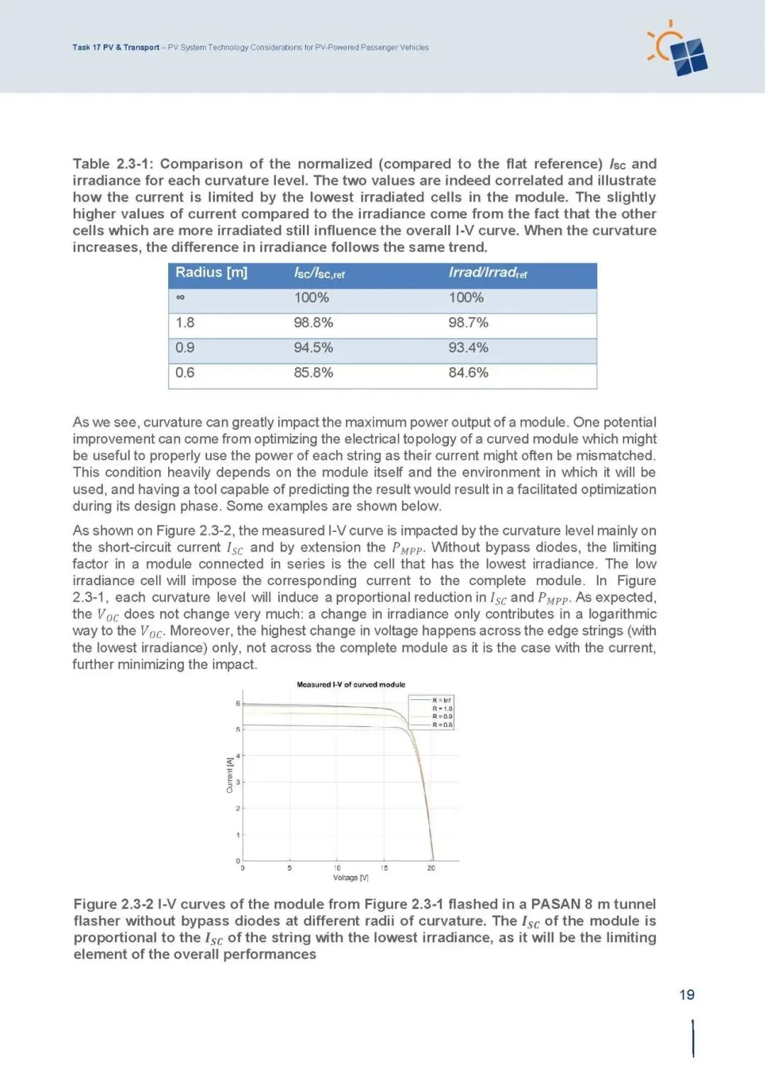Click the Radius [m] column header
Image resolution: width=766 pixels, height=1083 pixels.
tap(211, 273)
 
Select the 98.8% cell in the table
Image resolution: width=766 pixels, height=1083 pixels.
tap(313, 323)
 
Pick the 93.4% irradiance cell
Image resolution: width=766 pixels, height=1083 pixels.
tap(468, 348)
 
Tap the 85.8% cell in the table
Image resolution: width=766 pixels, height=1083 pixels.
tap(313, 372)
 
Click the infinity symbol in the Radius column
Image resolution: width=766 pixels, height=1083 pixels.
tap(180, 298)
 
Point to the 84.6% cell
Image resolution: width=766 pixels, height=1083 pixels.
tap(468, 372)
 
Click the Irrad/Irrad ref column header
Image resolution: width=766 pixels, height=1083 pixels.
tap(487, 273)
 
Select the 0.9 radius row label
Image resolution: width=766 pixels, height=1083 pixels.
tap(185, 348)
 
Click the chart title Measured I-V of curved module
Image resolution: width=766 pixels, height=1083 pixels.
tap(350, 684)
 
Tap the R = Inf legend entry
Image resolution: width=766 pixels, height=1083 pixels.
tap(442, 700)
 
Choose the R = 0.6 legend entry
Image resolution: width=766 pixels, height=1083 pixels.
tap(442, 725)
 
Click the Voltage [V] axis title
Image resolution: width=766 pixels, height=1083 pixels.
tap(350, 878)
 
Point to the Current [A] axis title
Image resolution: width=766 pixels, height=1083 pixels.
tap(229, 775)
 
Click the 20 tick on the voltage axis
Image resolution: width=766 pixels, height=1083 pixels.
tap(431, 868)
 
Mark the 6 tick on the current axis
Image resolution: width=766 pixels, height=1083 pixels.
tap(238, 703)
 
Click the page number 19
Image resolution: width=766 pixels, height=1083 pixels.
tap(687, 994)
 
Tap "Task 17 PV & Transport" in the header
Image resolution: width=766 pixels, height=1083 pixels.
tap(116, 48)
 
